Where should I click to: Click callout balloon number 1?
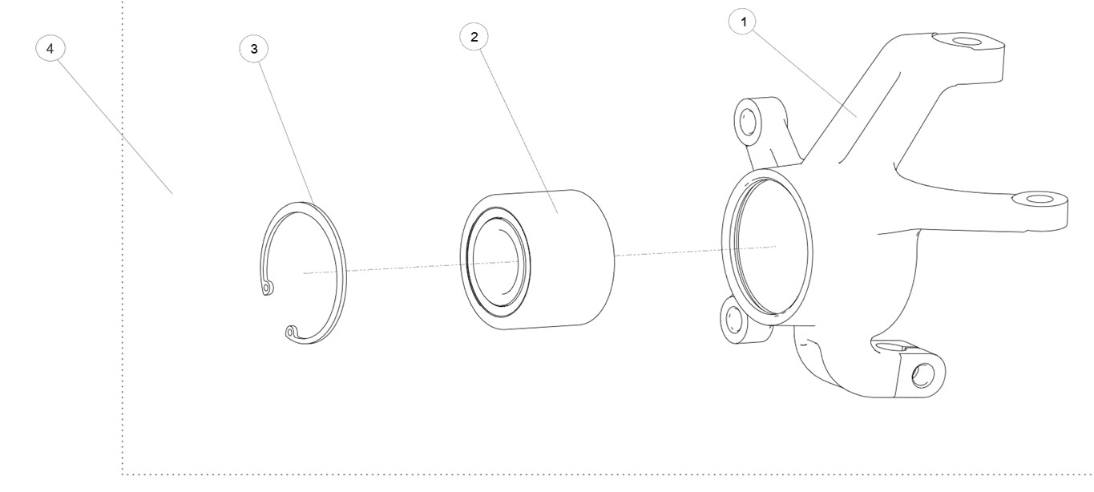[743, 22]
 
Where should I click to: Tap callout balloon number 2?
[474, 37]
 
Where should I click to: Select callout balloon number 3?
[253, 48]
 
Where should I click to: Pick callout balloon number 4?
[50, 48]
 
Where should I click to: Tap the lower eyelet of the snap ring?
[290, 333]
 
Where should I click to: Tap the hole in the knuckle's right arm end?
[1040, 200]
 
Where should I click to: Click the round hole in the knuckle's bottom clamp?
[922, 375]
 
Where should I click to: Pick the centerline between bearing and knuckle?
[696, 251]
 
